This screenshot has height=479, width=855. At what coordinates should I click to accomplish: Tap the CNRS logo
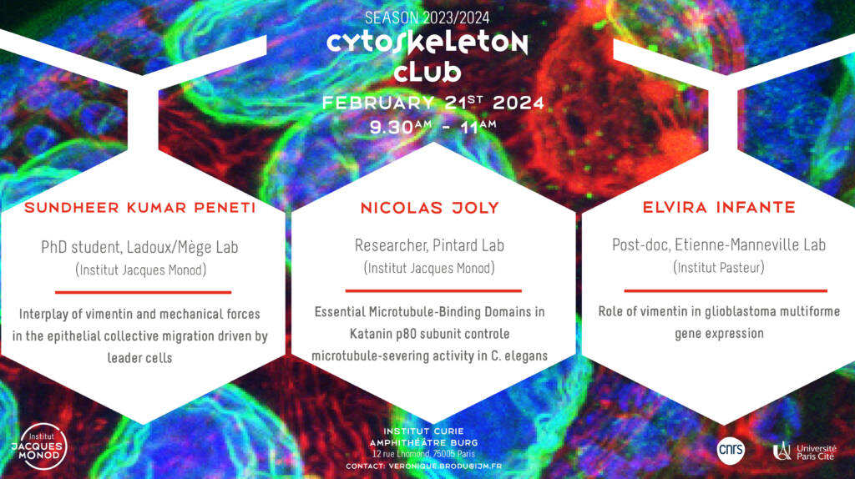731,450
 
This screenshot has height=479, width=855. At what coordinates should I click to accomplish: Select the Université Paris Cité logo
805,451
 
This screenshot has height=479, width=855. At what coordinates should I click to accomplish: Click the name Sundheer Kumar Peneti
140,208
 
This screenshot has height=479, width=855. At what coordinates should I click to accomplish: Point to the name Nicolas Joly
430,208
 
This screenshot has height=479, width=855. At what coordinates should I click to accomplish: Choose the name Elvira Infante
719,207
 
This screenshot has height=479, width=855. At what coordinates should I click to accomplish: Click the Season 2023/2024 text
427,18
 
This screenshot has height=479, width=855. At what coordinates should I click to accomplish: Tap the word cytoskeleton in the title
427,43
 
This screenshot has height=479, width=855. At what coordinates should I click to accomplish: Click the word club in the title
427,73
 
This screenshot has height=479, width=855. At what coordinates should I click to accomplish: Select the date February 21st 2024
433,103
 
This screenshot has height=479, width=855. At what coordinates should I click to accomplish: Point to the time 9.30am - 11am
433,128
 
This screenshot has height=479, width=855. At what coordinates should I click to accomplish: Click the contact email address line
423,466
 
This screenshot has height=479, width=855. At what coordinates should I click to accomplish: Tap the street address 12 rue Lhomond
399,454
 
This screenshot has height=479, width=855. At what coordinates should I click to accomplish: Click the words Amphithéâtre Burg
423,442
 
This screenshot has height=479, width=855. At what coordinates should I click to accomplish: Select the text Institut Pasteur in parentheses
719,268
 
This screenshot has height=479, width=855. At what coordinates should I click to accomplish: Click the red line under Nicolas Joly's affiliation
433,291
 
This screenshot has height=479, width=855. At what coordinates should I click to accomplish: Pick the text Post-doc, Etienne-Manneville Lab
719,245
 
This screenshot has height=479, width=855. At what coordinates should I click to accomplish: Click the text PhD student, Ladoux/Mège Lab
139,248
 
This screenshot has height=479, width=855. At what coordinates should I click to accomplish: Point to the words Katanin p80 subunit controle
430,334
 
